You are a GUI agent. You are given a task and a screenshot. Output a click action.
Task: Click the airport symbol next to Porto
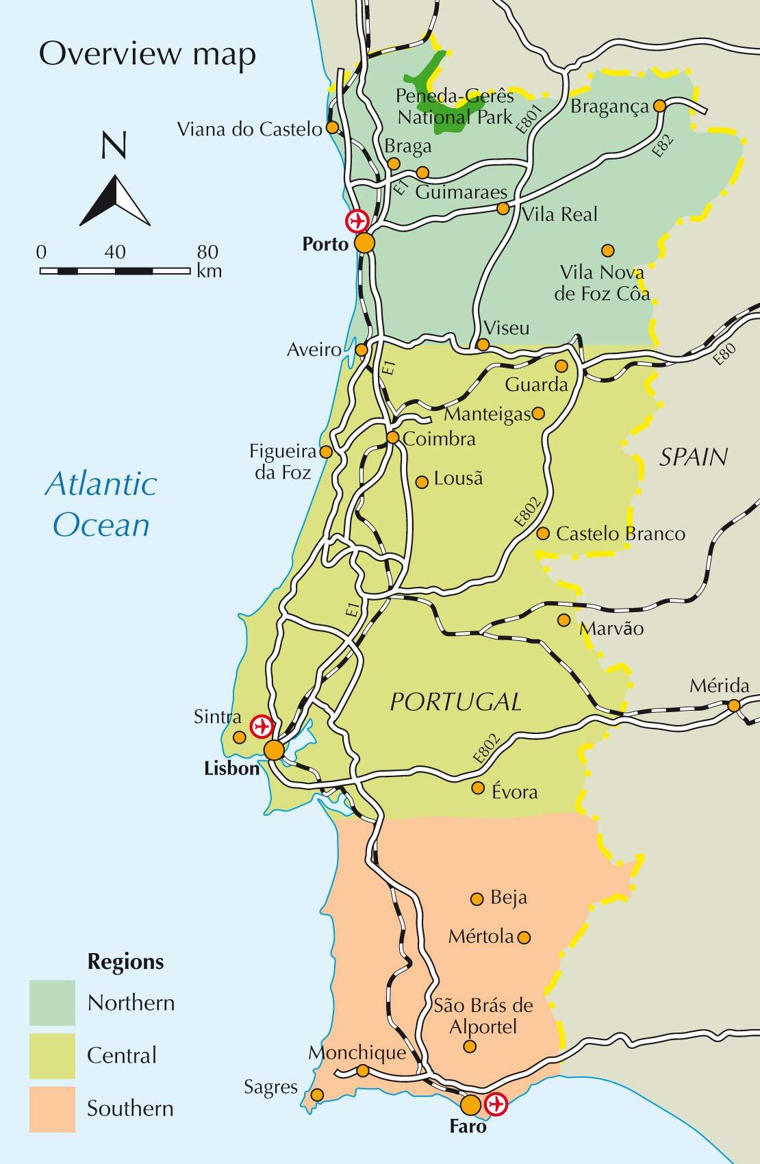(356, 221)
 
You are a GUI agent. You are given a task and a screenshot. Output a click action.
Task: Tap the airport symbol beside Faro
(495, 1104)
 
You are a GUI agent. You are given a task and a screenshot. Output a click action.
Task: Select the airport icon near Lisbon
(261, 726)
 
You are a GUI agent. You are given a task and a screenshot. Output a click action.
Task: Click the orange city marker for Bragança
(659, 106)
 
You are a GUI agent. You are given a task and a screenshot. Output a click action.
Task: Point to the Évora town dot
(478, 788)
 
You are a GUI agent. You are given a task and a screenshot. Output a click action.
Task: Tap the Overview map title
(147, 54)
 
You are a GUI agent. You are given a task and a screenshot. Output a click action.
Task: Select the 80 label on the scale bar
(207, 252)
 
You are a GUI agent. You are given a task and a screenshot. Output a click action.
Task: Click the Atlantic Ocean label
(101, 504)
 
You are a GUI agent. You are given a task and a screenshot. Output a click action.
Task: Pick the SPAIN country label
(693, 457)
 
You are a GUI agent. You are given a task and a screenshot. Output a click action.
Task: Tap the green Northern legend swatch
(52, 1002)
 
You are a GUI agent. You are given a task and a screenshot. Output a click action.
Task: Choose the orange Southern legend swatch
(52, 1109)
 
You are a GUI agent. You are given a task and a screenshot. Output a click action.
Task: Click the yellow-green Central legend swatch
(52, 1055)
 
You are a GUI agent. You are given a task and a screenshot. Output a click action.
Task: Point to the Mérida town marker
(734, 705)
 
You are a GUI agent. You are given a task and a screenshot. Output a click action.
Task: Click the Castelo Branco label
(620, 533)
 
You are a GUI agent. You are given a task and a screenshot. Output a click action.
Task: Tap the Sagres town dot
(317, 1095)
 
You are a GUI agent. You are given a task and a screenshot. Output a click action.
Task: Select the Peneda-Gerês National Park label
(455, 107)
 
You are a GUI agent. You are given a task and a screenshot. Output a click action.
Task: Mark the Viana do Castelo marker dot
(331, 127)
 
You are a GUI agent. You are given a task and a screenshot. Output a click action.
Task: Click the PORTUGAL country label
(455, 702)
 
